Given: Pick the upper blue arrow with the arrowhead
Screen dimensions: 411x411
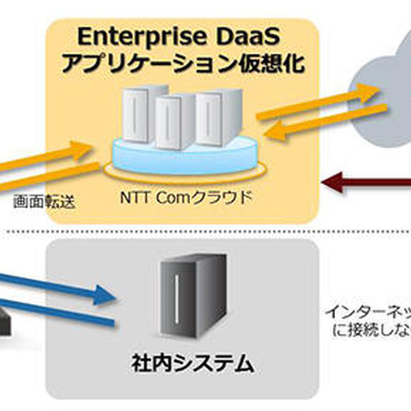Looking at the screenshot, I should (x=60, y=286).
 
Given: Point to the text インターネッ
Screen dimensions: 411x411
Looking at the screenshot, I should (x=368, y=313).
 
